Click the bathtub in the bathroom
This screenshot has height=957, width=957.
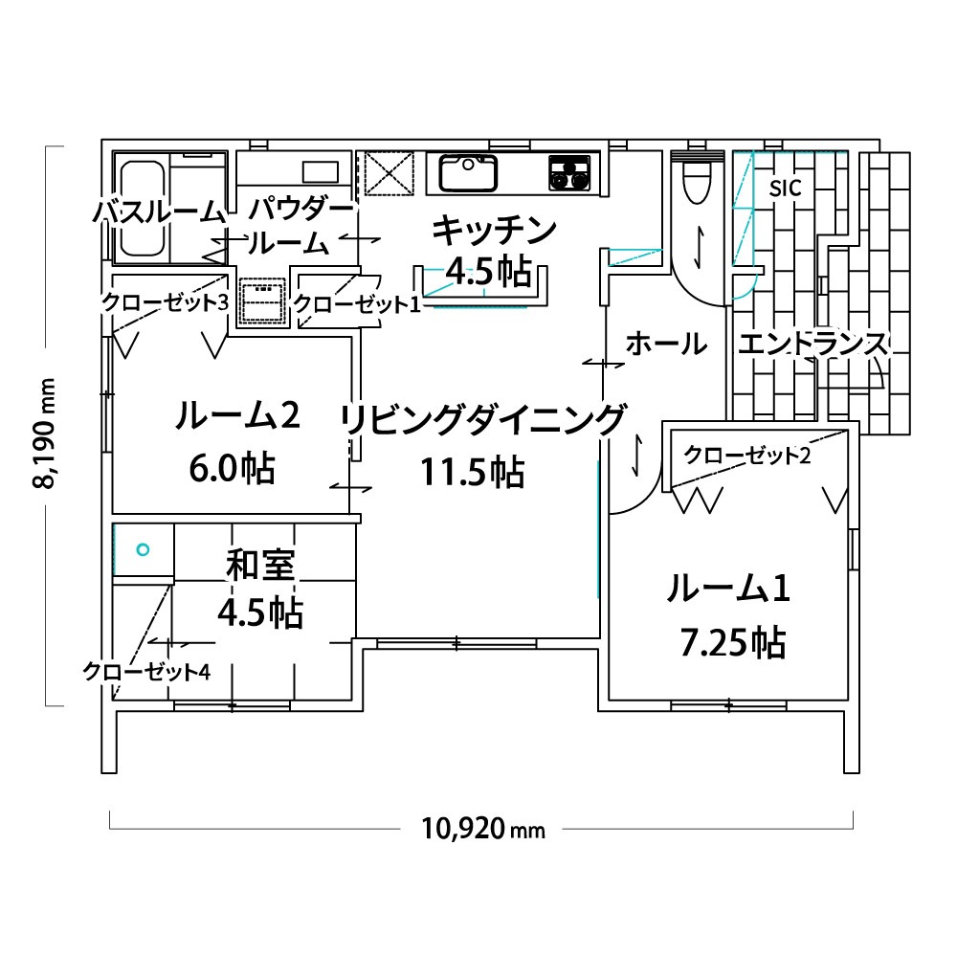[143, 208]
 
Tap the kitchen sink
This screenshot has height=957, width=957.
[468, 172]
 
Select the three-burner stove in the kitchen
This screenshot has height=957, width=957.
[569, 171]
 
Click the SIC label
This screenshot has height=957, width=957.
[785, 189]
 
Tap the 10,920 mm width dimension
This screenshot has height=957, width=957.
[482, 829]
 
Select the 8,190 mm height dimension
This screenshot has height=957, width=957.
[45, 433]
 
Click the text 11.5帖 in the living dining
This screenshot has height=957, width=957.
[472, 472]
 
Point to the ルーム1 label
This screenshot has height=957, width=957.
[728, 589]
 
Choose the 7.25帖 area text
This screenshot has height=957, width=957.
[732, 642]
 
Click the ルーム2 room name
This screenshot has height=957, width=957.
[236, 415]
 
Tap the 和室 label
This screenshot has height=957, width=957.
[260, 565]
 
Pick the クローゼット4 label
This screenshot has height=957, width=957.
[146, 672]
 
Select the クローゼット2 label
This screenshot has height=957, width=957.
[747, 455]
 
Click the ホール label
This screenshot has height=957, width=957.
[666, 344]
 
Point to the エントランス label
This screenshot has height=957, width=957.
[812, 344]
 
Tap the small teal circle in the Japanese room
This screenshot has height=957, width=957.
[143, 550]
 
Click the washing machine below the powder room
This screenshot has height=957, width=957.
[262, 300]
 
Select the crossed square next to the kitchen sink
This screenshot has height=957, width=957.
[389, 172]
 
